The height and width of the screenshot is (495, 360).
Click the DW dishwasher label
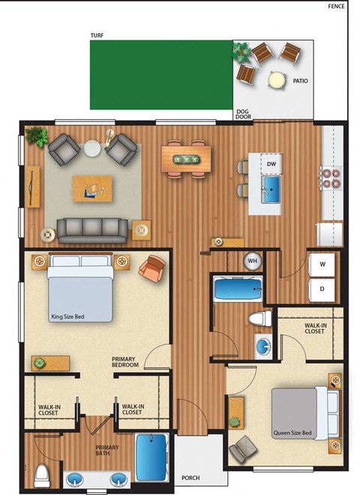point(271,163)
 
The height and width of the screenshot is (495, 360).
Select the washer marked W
point(322,264)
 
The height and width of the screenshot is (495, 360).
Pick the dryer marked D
point(322,288)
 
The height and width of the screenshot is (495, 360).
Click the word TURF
point(97,34)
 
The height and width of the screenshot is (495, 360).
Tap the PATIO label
point(300,81)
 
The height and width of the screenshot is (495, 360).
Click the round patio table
point(277,79)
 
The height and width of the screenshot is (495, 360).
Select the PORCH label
point(191,478)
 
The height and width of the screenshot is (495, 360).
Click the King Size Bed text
point(68,316)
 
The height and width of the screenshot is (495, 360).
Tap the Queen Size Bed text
point(293,433)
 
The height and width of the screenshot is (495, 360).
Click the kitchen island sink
point(271,187)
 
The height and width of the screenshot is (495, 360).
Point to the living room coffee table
point(94,187)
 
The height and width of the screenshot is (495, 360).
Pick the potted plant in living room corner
point(35,136)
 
